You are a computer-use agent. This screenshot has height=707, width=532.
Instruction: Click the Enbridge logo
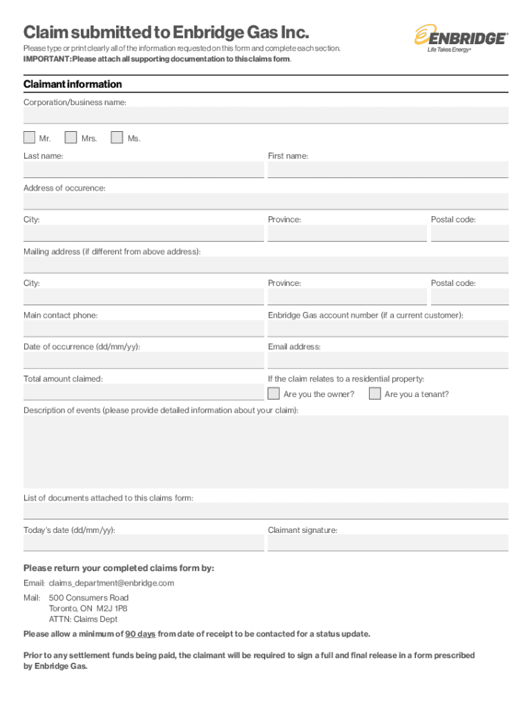tap(461, 39)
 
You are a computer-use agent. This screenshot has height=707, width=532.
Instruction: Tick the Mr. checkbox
tap(30, 138)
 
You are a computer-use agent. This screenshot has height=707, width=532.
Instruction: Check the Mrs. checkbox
tap(70, 138)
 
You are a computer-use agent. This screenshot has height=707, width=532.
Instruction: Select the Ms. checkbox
tap(117, 138)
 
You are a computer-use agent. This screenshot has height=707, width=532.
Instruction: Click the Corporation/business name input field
tap(266, 115)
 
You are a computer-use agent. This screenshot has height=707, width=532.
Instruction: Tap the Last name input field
tap(144, 170)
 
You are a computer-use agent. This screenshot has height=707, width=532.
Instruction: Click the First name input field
tap(388, 170)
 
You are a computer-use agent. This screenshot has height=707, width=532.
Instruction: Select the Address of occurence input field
tap(266, 202)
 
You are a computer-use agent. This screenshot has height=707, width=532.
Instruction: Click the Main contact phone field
tap(144, 329)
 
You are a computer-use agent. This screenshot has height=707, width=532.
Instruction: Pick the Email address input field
tap(388, 360)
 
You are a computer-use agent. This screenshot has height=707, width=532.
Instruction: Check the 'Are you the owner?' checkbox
tap(274, 394)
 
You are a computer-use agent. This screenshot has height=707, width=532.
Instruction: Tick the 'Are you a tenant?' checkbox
tap(374, 394)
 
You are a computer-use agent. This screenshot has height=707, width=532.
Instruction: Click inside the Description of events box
tap(266, 452)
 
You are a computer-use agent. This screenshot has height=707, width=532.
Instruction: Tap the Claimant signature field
tap(388, 543)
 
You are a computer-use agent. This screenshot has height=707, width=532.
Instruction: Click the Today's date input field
tap(144, 543)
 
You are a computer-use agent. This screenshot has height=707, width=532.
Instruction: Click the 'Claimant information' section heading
tap(73, 84)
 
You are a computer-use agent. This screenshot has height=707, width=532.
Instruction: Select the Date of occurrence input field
tap(144, 360)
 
